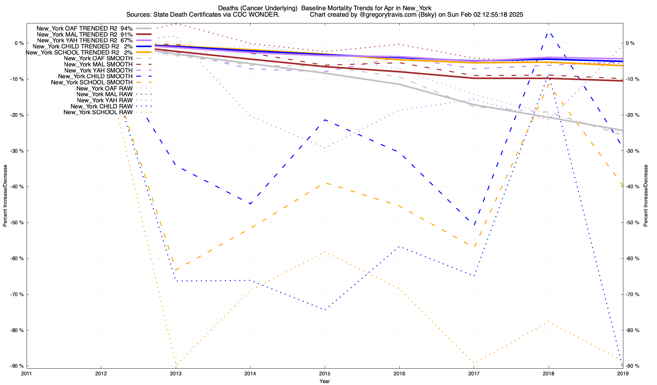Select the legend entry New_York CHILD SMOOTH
click(95, 76)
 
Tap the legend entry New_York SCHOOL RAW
click(98, 112)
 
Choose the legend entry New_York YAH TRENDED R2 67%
click(85, 40)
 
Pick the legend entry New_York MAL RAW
click(105, 94)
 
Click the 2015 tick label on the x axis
click(325, 373)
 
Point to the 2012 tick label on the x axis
click(101, 373)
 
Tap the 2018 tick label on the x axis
click(548, 373)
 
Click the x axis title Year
click(325, 381)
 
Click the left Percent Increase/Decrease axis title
click(5, 196)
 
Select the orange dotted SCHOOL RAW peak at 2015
click(325, 252)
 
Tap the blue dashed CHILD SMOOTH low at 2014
click(250, 204)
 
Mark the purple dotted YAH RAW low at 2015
click(325, 148)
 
